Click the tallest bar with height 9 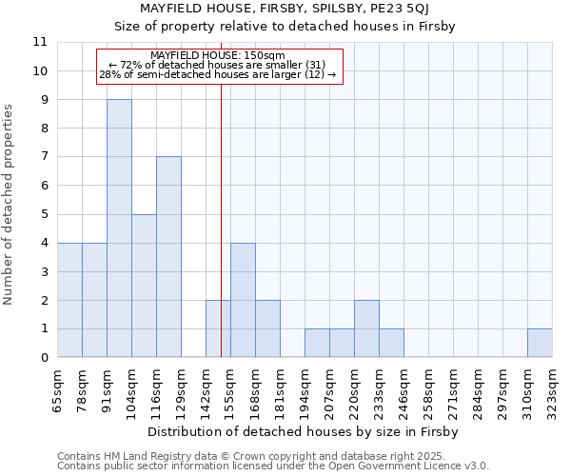coord(119,228)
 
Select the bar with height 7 coord(168,257)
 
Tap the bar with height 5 coord(144,286)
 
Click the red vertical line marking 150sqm coord(221,209)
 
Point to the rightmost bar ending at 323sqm coord(540,343)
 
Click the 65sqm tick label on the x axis coord(57,388)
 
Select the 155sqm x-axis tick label coord(230,388)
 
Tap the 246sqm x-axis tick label coord(404,388)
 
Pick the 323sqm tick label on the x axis coord(552,388)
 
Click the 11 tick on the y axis coord(39,43)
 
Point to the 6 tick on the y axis coord(43,186)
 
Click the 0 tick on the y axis coord(43,358)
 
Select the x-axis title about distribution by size coord(304,432)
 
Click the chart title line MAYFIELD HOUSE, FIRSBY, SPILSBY coord(285,10)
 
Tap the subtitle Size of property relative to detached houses coord(285,27)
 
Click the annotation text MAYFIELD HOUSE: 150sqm coord(218,56)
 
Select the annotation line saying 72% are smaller coord(218,65)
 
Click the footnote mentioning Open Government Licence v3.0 coord(273,466)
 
